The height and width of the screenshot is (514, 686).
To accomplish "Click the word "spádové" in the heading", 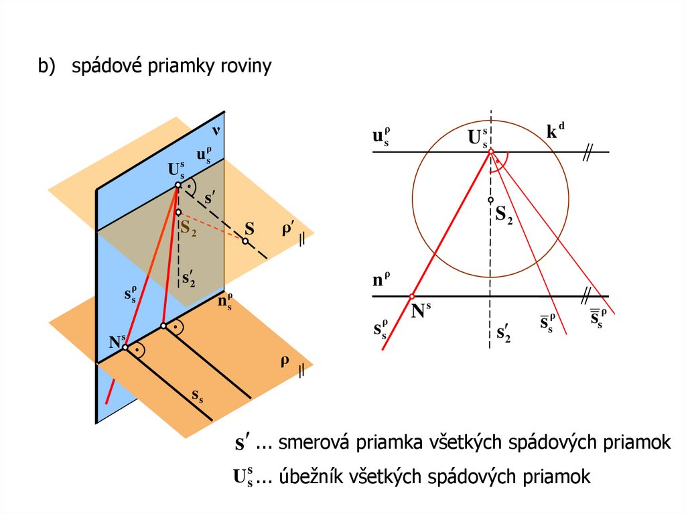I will point(103,67).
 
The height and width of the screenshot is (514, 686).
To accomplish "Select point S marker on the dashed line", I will point(246,241).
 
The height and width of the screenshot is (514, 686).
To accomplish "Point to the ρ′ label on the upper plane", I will point(288,229).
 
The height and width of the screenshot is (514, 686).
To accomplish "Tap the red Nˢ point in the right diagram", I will point(412,296).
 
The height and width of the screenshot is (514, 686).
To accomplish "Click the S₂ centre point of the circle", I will point(490,200).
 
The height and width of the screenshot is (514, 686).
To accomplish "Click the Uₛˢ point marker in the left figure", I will point(178,185).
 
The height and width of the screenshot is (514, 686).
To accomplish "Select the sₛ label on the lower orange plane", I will point(198,396).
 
